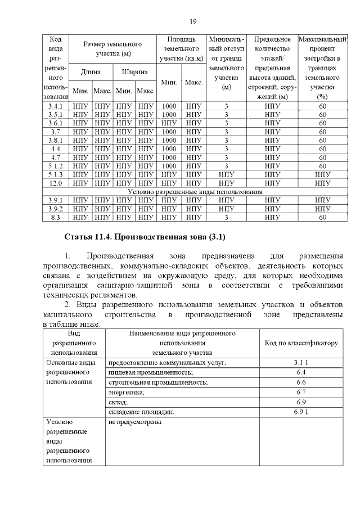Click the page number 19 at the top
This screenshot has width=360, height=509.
192,21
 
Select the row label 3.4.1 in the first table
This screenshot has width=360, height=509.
56,106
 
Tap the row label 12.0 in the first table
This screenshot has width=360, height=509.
56,183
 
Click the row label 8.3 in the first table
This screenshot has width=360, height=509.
56,217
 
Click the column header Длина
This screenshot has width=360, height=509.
91,72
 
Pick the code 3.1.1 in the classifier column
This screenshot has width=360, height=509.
300,363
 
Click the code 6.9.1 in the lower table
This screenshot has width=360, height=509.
300,412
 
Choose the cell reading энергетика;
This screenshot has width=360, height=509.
126,392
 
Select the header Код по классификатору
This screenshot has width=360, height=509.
300,343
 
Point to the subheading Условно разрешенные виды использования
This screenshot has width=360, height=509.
195,192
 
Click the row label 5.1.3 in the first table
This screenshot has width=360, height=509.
56,175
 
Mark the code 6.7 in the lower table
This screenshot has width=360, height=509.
300,392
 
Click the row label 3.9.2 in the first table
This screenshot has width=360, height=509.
56,209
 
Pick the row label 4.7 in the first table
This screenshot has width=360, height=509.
56,157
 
